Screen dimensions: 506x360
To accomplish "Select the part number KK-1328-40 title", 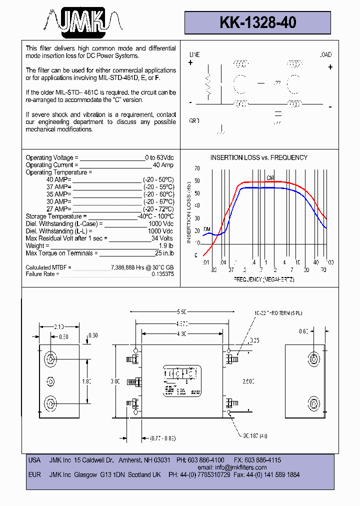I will [257, 22].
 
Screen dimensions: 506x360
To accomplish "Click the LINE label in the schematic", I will [194, 54].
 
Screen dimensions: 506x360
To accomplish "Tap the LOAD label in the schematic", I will [325, 54].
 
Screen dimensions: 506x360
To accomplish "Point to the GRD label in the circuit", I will [194, 121].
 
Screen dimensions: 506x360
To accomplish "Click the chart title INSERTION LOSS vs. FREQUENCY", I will [258, 157].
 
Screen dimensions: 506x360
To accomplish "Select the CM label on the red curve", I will [270, 178].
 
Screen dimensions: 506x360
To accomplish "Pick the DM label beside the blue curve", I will [206, 230].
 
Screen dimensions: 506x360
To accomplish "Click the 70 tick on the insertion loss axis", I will [197, 168].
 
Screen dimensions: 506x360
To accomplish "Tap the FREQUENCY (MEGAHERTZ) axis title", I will [264, 279].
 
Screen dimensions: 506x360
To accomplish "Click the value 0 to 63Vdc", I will [159, 158].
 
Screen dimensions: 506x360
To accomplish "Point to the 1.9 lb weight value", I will [166, 246].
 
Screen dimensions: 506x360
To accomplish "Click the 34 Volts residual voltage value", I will [162, 238].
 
